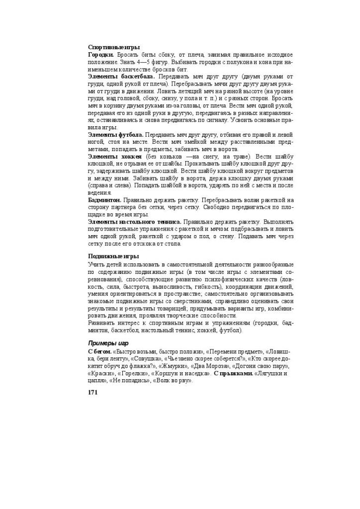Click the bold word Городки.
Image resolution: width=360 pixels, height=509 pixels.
click(101, 55)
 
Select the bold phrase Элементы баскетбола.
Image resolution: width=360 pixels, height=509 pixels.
click(121, 77)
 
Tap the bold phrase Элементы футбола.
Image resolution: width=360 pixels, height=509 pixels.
click(116, 135)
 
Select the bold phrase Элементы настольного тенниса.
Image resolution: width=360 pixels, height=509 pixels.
click(135, 222)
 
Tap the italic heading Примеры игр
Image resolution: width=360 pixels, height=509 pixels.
click(108, 343)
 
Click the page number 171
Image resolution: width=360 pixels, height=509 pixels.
click(93, 392)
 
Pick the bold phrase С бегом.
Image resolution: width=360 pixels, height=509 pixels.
click(99, 351)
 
